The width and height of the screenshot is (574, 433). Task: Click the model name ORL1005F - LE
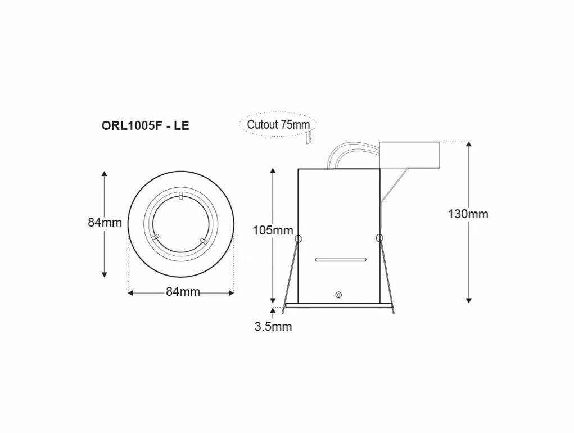(145, 125)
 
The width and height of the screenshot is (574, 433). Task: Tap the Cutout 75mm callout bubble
(278, 124)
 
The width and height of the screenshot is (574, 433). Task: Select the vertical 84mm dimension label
(105, 222)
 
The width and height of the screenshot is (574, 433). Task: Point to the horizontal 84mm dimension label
(183, 292)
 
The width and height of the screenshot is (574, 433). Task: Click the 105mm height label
(273, 230)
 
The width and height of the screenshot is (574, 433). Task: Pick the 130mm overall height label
(468, 214)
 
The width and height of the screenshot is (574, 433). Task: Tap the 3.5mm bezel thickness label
(273, 327)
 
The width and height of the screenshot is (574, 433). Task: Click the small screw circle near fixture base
(338, 295)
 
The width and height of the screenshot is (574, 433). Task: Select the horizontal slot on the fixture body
(340, 260)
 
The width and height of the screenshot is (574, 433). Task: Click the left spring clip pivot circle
(297, 238)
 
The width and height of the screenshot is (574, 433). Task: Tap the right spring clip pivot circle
(379, 238)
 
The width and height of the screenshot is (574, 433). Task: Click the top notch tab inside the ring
(180, 197)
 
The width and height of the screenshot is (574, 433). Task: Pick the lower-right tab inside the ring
(203, 241)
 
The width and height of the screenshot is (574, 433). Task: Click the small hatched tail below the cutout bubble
(308, 137)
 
